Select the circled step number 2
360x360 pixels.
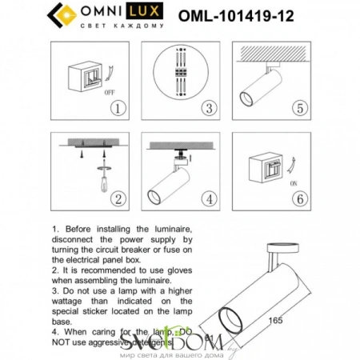click(x=118, y=198)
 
